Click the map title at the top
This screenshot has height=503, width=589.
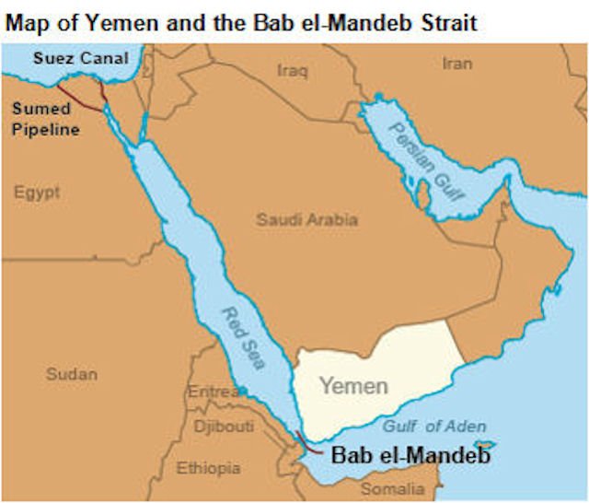pos(241,21)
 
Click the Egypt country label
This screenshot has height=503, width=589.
pos(37,193)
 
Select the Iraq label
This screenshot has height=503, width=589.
pos(292,69)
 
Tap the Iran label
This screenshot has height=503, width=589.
pos(456,64)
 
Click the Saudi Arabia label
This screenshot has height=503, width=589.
pos(306,220)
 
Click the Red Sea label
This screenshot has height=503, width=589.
pos(241,337)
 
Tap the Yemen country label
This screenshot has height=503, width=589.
pos(353,386)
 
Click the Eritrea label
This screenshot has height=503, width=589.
pos(213,391)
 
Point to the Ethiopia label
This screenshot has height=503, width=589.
pos(208,467)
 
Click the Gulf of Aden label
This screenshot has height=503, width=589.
pos(426,425)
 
